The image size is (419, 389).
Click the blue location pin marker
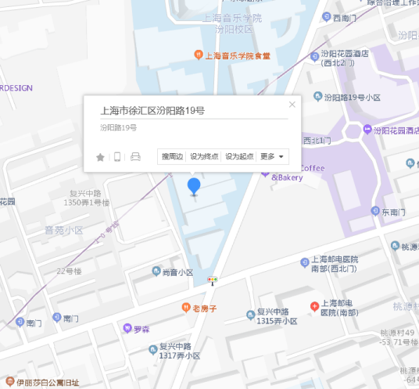[x=194, y=186]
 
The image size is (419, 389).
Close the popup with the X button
[x=292, y=104]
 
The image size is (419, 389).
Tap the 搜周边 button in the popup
[x=172, y=156]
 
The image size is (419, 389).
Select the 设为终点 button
[x=204, y=156]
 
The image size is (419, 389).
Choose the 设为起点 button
[x=239, y=156]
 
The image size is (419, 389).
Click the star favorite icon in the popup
[x=100, y=157]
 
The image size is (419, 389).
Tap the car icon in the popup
[x=135, y=157]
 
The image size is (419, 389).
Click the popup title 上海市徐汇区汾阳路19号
[x=153, y=111]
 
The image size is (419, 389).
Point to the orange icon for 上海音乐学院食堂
[x=199, y=55]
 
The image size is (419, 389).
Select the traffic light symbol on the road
[x=212, y=280]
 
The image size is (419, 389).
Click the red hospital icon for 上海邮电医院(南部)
[x=314, y=305]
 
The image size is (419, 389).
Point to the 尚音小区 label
[x=177, y=272]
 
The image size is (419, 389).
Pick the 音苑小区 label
[x=63, y=230]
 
